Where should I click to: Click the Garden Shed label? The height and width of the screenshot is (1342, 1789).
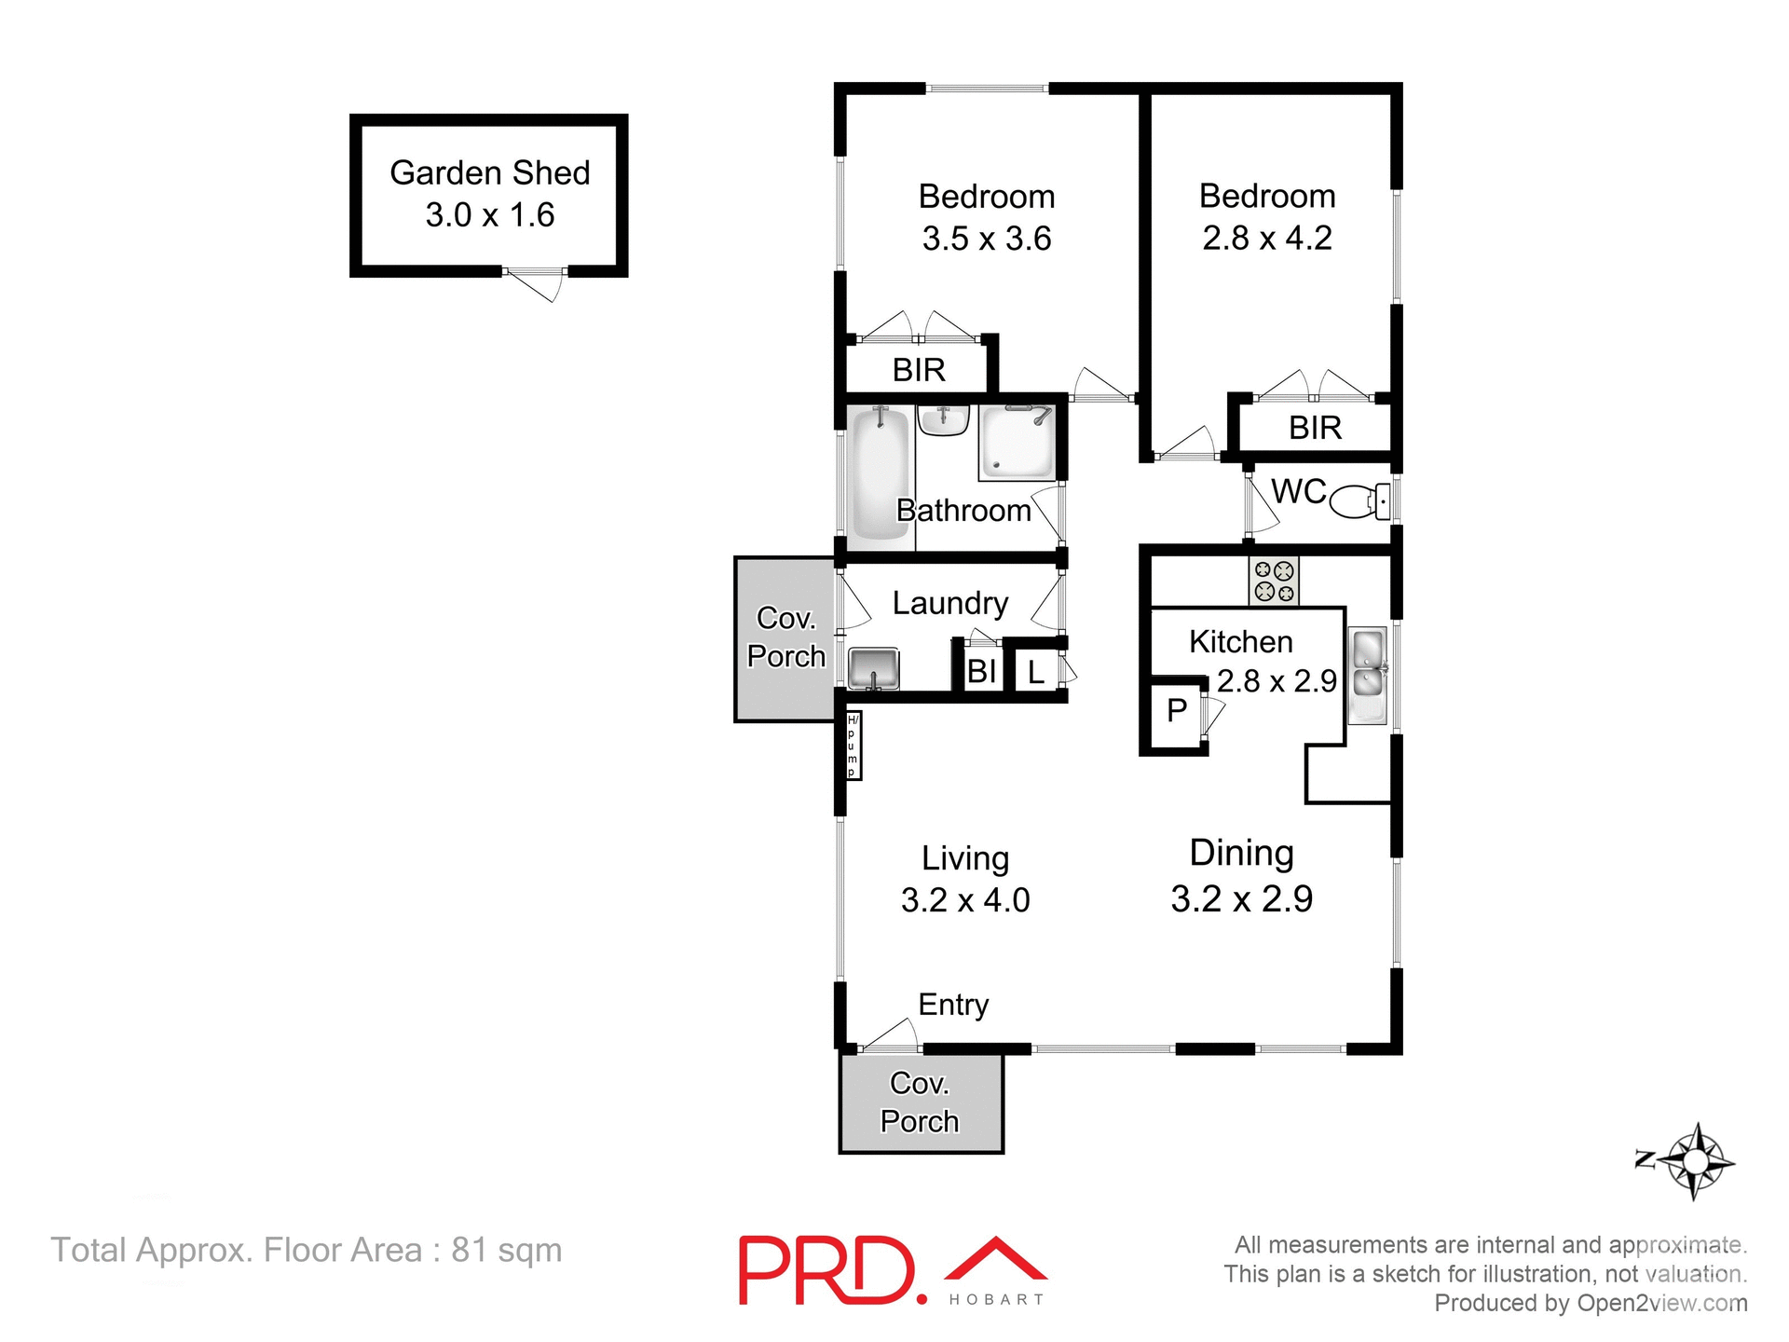coord(489,173)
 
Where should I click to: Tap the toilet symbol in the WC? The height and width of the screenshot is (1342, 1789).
coord(1359,501)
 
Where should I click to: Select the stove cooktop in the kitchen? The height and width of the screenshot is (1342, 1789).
coord(1274,581)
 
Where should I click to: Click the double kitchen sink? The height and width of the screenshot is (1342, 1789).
coord(1368,674)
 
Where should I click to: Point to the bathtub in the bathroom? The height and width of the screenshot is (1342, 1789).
coord(880,474)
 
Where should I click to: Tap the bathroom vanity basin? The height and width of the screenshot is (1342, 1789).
coord(943,420)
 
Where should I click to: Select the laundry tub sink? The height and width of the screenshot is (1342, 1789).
coord(873,669)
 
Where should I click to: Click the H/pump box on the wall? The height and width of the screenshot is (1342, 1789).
coord(853,746)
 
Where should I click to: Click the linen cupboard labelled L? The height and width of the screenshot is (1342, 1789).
coord(1035,672)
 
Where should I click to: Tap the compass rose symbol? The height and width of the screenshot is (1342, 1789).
coord(1694,1161)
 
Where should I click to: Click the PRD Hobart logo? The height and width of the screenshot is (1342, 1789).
coord(892,1270)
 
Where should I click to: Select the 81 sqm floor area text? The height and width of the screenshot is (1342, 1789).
coord(307,1250)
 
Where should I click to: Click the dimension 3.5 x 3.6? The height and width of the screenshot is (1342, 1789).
coord(986,239)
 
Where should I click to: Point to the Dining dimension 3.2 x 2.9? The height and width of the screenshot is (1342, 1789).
coord(1241,899)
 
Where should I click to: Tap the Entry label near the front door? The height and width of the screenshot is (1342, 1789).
coord(952,1005)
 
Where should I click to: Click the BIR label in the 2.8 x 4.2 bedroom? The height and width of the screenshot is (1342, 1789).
coord(1315,428)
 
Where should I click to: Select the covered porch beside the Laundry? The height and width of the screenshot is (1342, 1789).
coord(785,638)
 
